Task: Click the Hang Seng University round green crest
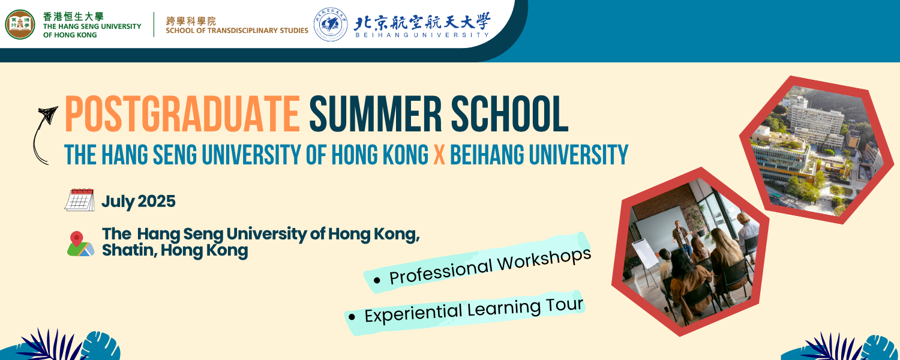tap(20, 25)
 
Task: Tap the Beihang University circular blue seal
tap(330, 24)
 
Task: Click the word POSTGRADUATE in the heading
tap(182, 114)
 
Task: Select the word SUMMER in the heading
tap(375, 114)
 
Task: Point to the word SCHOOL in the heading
tap(510, 114)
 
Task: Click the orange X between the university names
tap(439, 155)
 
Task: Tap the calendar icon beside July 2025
tap(80, 200)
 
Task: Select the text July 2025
tap(138, 201)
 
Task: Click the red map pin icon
tap(76, 239)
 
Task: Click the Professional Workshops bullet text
tap(490, 266)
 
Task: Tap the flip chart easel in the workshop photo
tap(645, 261)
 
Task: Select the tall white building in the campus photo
tap(814, 116)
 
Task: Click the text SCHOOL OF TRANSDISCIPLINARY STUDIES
tap(237, 31)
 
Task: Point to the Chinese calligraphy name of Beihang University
tap(422, 22)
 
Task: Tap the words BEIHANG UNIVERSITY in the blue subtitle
tap(539, 155)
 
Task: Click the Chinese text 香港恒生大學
tap(74, 16)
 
